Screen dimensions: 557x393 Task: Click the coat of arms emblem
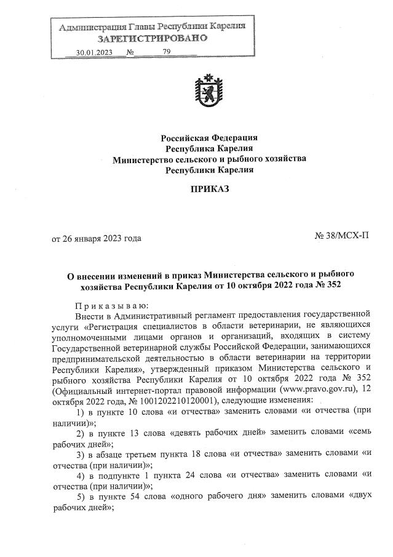click(x=208, y=90)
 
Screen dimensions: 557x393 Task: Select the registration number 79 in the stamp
click(x=167, y=52)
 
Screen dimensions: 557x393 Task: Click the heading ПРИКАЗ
click(x=208, y=188)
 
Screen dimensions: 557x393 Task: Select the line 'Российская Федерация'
click(x=209, y=137)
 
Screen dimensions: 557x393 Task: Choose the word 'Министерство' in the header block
click(x=141, y=159)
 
